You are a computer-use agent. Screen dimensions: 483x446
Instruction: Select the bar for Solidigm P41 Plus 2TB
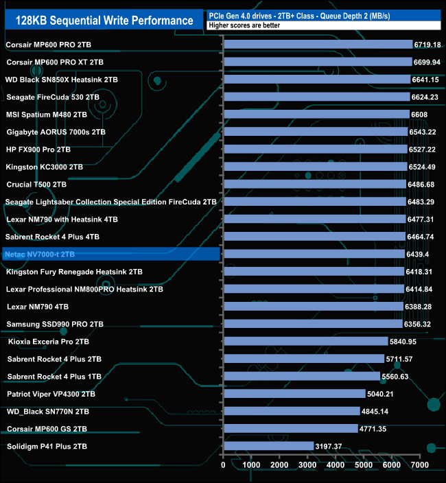tap(268, 447)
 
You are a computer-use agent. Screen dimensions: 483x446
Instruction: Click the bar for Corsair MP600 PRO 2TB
tap(318, 45)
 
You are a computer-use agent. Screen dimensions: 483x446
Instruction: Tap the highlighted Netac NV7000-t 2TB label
tap(40, 255)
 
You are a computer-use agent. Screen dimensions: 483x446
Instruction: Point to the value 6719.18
tap(427, 45)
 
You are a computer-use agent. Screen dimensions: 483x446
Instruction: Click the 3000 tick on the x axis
tap(307, 465)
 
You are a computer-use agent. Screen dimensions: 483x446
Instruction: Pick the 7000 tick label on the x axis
tap(419, 465)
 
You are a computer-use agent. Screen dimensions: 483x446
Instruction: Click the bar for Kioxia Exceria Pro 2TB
tap(305, 342)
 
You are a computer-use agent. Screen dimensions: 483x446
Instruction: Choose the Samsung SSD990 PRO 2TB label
tap(55, 324)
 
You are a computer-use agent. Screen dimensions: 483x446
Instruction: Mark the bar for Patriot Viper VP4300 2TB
tap(294, 394)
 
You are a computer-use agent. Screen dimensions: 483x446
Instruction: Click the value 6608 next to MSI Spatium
tap(420, 115)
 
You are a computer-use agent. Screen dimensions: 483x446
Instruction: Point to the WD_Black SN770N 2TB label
tap(48, 412)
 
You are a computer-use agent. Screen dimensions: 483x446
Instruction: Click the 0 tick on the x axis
tap(224, 465)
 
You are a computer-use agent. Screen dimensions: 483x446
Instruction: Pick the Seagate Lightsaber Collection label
tap(110, 202)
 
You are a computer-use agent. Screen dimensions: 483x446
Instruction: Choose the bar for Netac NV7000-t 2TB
tap(314, 255)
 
